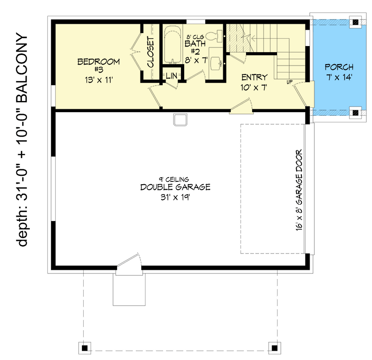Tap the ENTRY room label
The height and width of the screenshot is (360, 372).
[254, 77]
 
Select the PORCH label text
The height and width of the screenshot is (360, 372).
[339, 67]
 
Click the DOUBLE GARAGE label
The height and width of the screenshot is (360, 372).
[175, 187]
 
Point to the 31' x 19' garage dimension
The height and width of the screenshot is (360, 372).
[175, 197]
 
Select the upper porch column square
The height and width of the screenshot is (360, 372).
[356, 22]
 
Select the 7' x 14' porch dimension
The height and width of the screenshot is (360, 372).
[339, 77]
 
